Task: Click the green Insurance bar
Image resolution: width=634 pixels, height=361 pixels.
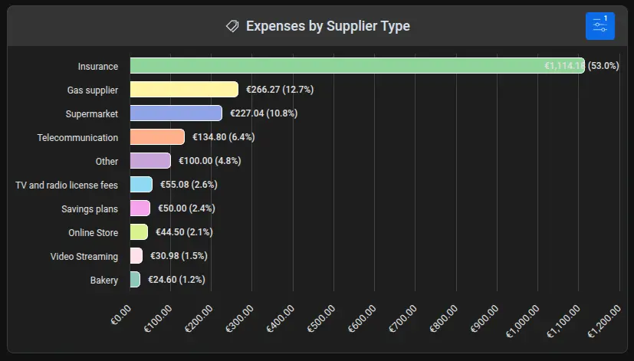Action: [357, 66]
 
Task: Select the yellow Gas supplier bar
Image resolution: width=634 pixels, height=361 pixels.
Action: [184, 90]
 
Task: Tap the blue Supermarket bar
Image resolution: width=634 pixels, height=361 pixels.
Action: [176, 113]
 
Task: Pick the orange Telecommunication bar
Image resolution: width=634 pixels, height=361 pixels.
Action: [157, 137]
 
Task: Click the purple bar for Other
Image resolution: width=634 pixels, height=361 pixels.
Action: [150, 161]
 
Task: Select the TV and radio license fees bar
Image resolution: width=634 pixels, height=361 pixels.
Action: [141, 185]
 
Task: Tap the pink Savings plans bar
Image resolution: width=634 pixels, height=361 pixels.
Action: [140, 208]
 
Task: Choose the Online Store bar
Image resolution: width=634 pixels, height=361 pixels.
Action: [139, 232]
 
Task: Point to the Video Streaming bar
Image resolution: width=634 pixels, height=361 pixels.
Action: [136, 256]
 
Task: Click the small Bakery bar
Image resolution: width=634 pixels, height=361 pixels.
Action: [135, 280]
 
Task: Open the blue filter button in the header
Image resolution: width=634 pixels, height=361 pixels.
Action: [600, 26]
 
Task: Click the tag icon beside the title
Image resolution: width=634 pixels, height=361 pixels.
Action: [232, 26]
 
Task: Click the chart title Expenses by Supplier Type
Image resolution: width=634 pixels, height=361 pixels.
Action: [327, 26]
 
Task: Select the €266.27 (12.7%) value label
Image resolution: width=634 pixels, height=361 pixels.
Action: [279, 90]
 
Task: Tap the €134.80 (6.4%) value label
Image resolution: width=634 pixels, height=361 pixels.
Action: [221, 137]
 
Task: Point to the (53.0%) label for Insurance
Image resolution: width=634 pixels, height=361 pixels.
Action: [603, 66]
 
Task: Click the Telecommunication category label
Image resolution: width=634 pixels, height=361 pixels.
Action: [77, 137]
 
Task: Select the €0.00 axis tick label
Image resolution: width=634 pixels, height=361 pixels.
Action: [122, 315]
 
